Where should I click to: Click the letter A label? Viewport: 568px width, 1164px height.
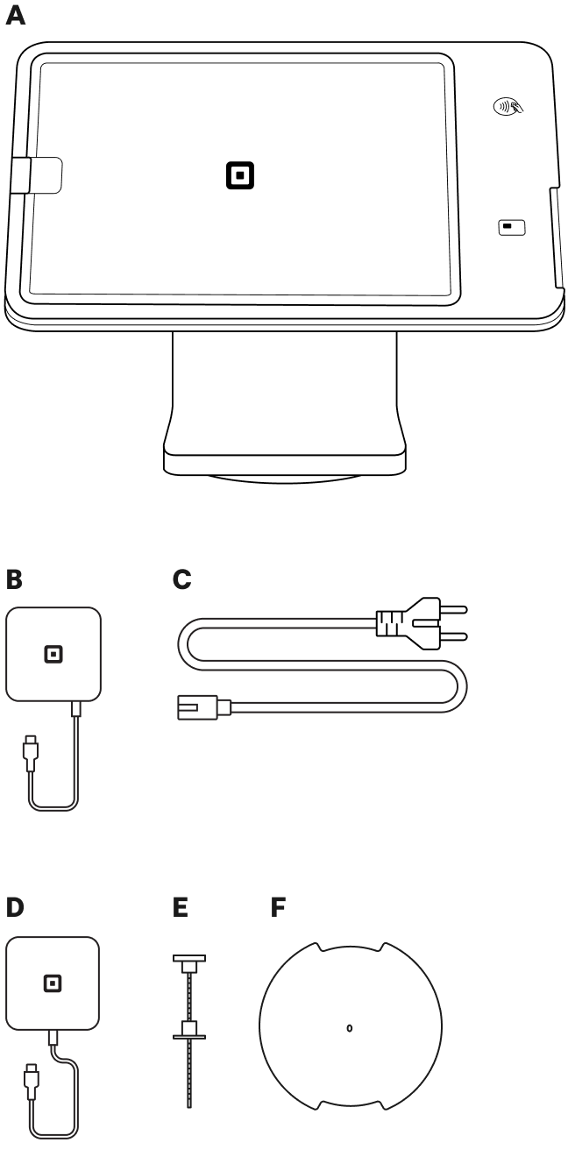click(x=15, y=18)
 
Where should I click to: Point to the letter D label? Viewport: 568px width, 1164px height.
click(x=15, y=905)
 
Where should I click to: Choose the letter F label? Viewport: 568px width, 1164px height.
click(x=277, y=905)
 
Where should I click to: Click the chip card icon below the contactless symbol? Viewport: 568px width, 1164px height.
click(x=508, y=226)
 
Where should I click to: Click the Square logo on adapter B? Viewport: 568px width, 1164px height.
click(x=53, y=655)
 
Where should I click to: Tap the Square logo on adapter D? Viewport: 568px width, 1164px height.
click(x=53, y=978)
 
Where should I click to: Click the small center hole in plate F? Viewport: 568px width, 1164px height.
click(x=350, y=1027)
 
